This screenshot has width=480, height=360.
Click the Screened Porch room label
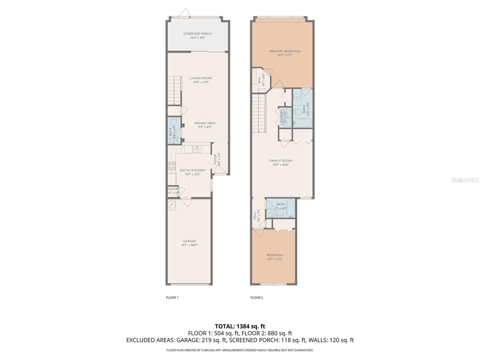click(197, 34)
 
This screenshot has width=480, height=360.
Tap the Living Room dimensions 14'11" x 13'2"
click(201, 82)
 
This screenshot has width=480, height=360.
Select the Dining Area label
click(205, 123)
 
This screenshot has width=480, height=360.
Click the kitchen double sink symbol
click(197, 149)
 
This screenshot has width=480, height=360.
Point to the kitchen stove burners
click(172, 166)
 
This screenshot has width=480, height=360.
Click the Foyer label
click(215, 159)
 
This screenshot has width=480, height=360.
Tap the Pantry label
click(173, 189)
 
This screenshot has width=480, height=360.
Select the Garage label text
click(189, 241)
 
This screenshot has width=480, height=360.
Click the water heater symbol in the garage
click(172, 205)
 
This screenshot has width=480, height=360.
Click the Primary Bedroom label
click(285, 51)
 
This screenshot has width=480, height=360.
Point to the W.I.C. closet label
click(259, 80)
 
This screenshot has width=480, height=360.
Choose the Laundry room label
click(281, 117)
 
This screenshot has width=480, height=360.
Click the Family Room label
click(280, 161)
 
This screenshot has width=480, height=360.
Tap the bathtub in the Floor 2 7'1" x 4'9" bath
click(291, 209)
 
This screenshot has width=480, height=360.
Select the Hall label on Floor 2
click(255, 215)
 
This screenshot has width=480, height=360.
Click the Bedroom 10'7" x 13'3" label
click(274, 255)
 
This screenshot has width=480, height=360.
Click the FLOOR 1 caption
click(172, 298)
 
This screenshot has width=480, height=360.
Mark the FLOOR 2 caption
click(256, 298)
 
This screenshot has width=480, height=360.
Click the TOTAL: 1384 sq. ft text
click(240, 326)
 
